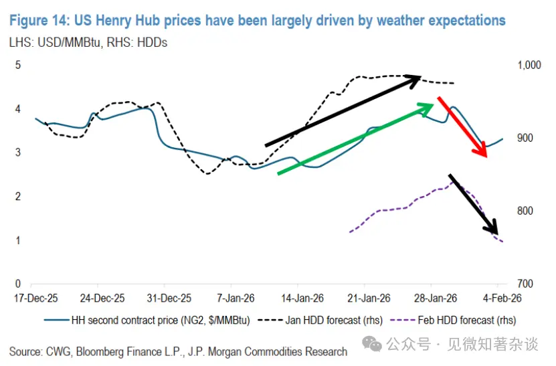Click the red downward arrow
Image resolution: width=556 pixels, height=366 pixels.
(462, 127)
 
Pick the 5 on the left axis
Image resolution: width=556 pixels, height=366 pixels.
(18, 65)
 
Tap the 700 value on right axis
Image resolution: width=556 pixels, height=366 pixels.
(525, 284)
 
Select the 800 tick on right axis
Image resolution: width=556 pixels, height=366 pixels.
(525, 211)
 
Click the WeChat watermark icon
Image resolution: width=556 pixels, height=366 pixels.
(372, 343)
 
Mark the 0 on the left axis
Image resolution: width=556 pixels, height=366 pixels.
(18, 284)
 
